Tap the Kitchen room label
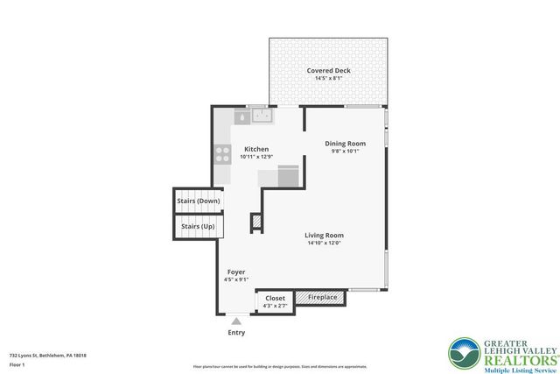(x=256, y=149)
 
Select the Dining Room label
(x=345, y=143)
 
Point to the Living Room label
(x=324, y=235)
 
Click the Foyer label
(x=236, y=272)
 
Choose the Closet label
(x=275, y=298)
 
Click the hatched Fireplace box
(x=321, y=298)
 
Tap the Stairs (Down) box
(x=198, y=201)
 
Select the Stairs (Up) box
(x=198, y=226)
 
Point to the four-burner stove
(x=222, y=155)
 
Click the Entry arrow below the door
(x=236, y=322)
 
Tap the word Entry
(x=236, y=333)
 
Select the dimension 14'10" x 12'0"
(x=324, y=243)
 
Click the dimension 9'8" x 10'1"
(x=345, y=151)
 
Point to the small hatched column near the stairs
(x=256, y=222)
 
